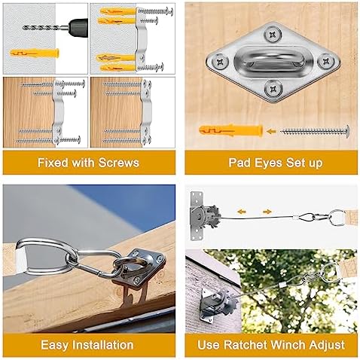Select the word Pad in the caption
click(240, 162)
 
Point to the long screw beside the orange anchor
click(314, 132)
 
